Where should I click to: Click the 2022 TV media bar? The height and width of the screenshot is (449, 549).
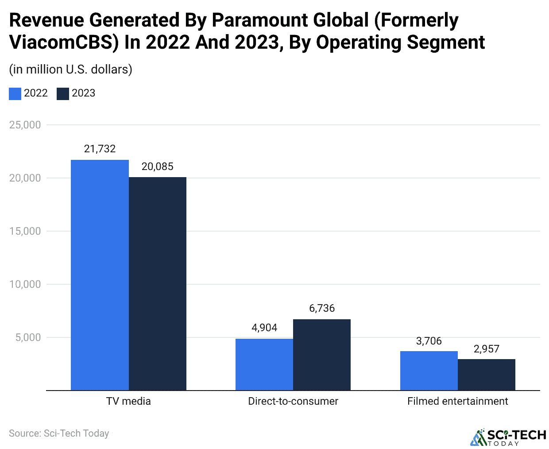pos(100,275)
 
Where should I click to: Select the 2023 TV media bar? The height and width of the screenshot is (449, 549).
pos(158,283)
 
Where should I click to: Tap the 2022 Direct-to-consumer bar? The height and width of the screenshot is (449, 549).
pos(264,364)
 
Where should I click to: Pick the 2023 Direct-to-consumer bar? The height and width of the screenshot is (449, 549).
pos(322,354)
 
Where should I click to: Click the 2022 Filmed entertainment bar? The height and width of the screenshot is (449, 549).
pos(429,370)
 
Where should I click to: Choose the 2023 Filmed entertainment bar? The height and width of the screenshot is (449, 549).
pos(487,374)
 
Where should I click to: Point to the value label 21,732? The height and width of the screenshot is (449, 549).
pos(100,149)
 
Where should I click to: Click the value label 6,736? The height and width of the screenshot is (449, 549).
pos(322,308)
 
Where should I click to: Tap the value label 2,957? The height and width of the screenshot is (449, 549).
pos(487,349)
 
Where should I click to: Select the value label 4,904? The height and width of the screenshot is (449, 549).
pos(264,328)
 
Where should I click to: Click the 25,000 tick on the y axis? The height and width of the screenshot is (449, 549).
pos(25,125)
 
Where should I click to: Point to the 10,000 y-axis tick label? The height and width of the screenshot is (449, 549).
pos(25,284)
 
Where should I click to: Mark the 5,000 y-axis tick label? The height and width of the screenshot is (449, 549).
pos(28,337)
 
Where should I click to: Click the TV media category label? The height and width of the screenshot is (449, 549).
pos(128,401)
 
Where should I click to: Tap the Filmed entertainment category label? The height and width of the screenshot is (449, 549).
pos(457,401)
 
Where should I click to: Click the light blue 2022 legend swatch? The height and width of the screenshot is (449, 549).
pos(15,93)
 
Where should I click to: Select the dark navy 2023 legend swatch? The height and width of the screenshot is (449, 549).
pos(63,93)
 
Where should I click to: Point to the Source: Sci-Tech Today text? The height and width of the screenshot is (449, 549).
pos(59,433)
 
